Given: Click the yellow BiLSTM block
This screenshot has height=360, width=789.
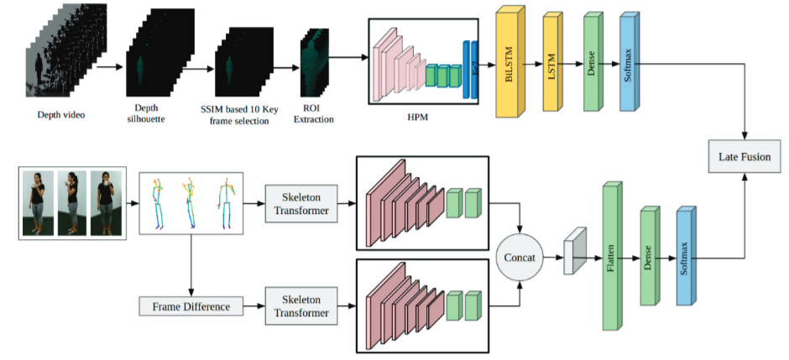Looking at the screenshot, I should click(509, 65).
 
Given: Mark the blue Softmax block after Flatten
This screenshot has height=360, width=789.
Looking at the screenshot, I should click(686, 256).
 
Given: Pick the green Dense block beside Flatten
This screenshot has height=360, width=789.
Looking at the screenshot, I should click(648, 257).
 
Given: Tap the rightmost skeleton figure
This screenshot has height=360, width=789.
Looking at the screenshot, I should click(224, 203).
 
